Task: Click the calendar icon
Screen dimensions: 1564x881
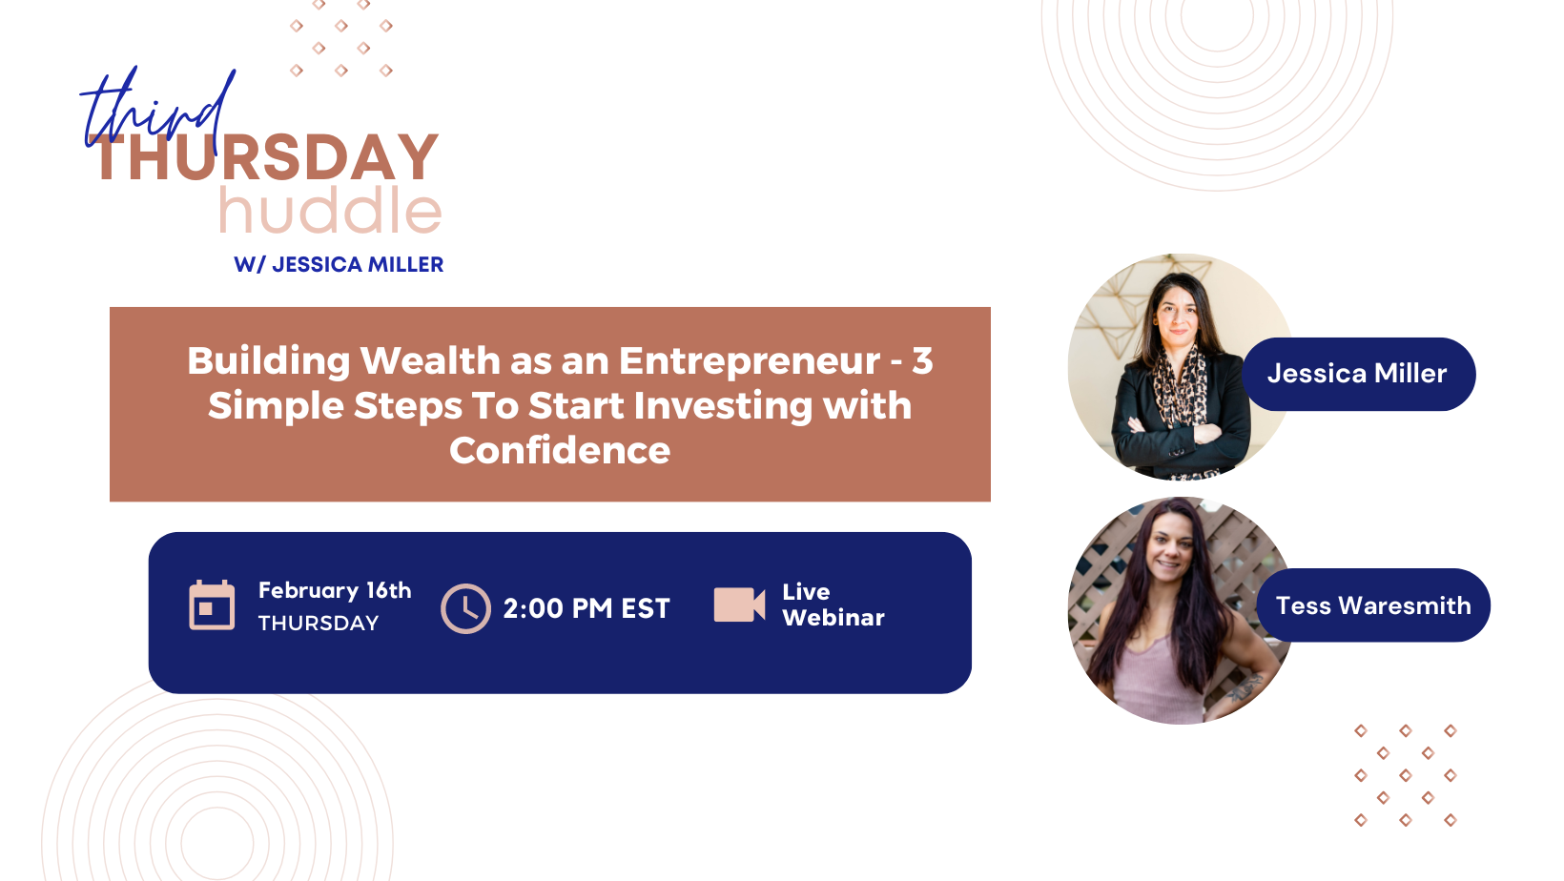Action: click(x=212, y=605)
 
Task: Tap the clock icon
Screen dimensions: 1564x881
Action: click(x=465, y=608)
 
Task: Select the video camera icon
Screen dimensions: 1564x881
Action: click(x=739, y=604)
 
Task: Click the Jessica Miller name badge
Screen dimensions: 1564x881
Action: click(x=1358, y=374)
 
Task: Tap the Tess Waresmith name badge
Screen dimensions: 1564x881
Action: click(x=1373, y=605)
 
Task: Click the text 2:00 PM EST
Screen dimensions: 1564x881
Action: click(x=586, y=608)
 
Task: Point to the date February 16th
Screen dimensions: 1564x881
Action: click(x=335, y=590)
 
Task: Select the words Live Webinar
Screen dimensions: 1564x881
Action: click(x=833, y=604)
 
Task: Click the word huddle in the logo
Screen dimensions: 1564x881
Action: click(x=330, y=210)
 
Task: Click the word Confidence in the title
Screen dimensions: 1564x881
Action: click(x=560, y=450)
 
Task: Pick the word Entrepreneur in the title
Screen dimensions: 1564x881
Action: click(x=750, y=362)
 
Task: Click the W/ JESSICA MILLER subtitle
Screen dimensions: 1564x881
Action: click(x=339, y=264)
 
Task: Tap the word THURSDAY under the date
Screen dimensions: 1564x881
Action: click(x=319, y=624)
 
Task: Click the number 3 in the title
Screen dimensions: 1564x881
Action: click(x=922, y=361)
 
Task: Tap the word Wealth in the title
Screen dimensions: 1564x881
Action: click(x=431, y=361)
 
